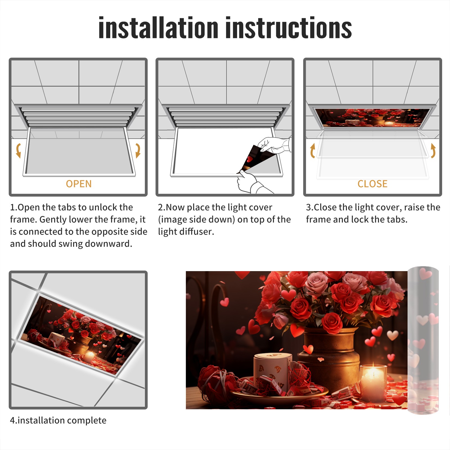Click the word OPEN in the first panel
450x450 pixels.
[79, 184]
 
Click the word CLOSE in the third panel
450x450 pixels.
[372, 184]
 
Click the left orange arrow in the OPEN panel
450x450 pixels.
[19, 150]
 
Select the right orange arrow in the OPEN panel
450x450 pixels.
[138, 150]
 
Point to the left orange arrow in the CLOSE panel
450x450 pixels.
[312, 150]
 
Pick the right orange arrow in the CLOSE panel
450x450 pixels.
[433, 150]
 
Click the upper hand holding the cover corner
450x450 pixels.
[274, 145]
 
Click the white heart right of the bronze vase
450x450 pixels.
[393, 335]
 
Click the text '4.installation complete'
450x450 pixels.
[58, 420]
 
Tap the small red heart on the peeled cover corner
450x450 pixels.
[249, 159]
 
